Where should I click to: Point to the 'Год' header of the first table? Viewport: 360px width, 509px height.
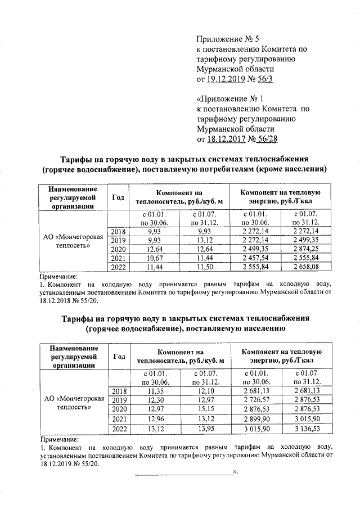118,197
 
